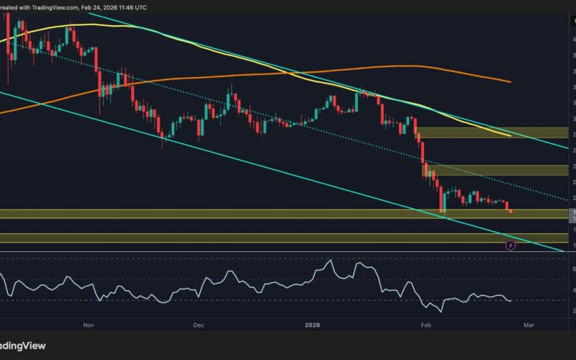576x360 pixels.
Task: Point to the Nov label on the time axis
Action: [x=89, y=325]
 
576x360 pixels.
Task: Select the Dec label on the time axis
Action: [x=199, y=325]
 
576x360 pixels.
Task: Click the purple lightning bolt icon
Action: [x=510, y=246]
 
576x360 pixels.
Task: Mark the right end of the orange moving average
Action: [x=510, y=81]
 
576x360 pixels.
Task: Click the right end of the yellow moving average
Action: [x=510, y=135]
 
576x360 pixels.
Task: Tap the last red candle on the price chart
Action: [x=510, y=210]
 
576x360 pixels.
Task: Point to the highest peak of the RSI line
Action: [x=330, y=261]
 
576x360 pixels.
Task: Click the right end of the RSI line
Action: [x=511, y=300]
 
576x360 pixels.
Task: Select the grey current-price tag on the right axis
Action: [x=572, y=214]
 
